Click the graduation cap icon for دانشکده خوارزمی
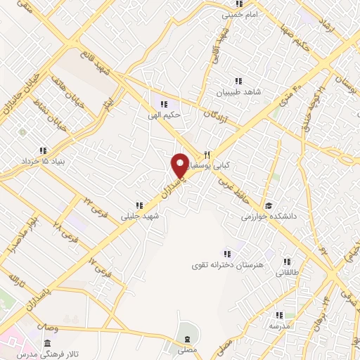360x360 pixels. [307, 205]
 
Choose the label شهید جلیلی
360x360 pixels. [141, 217]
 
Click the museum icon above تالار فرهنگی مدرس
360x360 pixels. [46, 343]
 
